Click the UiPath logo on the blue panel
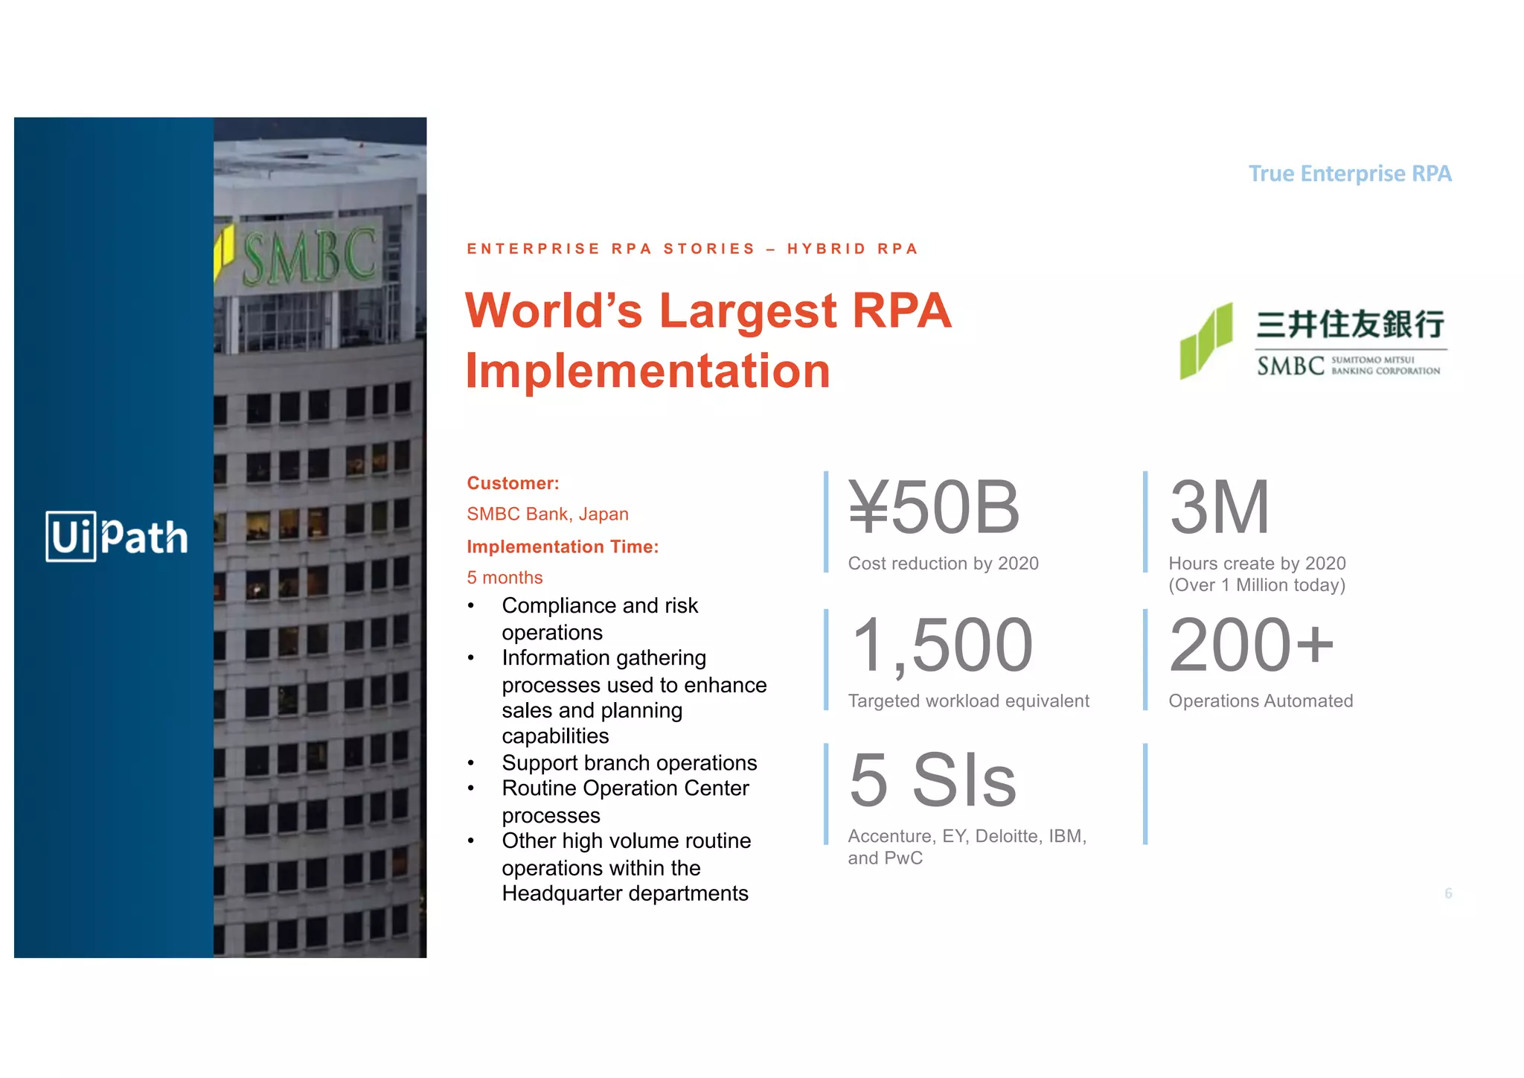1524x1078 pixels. [x=117, y=536]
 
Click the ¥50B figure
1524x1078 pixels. [x=934, y=508]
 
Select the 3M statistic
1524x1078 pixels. [x=1219, y=508]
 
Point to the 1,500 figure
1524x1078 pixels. [x=942, y=645]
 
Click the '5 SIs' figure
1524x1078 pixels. [x=932, y=780]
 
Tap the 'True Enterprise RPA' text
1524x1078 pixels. [x=1349, y=173]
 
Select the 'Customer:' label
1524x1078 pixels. [x=513, y=483]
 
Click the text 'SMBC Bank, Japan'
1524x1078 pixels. [x=548, y=514]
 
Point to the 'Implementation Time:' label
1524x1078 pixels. [x=563, y=546]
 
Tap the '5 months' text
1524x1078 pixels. [x=505, y=578]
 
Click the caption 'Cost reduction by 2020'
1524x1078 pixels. [x=943, y=564]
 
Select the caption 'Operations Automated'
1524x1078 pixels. [x=1261, y=701]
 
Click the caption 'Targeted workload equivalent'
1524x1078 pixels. [x=968, y=701]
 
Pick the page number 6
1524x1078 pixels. [x=1448, y=893]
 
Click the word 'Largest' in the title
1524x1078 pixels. [x=748, y=310]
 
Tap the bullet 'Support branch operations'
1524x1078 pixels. [x=629, y=763]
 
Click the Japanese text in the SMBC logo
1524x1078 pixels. [x=1350, y=325]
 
